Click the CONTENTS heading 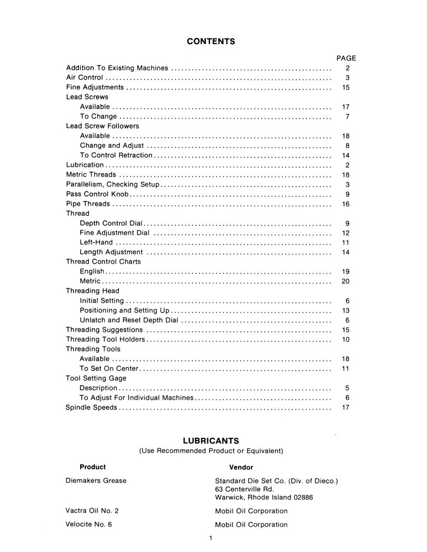pos(211,41)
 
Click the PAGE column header pos(346,58)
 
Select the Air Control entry pos(85,78)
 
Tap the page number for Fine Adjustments pos(346,87)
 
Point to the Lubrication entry pos(85,165)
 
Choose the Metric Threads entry pos(91,174)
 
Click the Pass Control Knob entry pos(97,194)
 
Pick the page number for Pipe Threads pos(346,204)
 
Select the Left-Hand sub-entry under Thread pos(96,242)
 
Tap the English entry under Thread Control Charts pos(92,272)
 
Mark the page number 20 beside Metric pos(346,281)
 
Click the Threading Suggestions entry pos(104,330)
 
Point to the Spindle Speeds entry pos(92,407)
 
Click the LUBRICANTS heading pos(211,440)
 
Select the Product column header pos(93,467)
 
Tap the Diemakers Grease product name pos(96,481)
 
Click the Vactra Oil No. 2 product pos(92,511)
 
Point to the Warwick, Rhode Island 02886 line pos(264,497)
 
